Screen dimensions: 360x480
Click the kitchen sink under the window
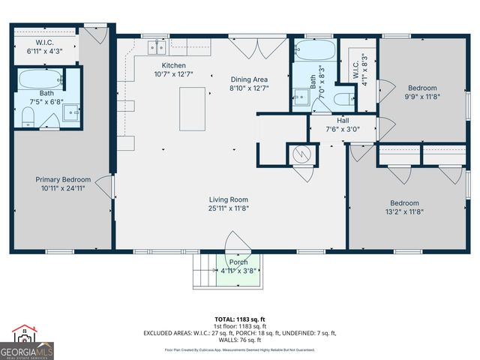[157, 47]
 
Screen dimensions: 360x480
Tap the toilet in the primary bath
[28, 115]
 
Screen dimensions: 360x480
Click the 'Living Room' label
[229, 199]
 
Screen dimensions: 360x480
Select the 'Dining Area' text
[248, 79]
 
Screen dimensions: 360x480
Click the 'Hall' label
[342, 120]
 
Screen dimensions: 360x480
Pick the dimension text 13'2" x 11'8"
[403, 212]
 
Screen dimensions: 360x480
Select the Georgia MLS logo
[26, 342]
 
